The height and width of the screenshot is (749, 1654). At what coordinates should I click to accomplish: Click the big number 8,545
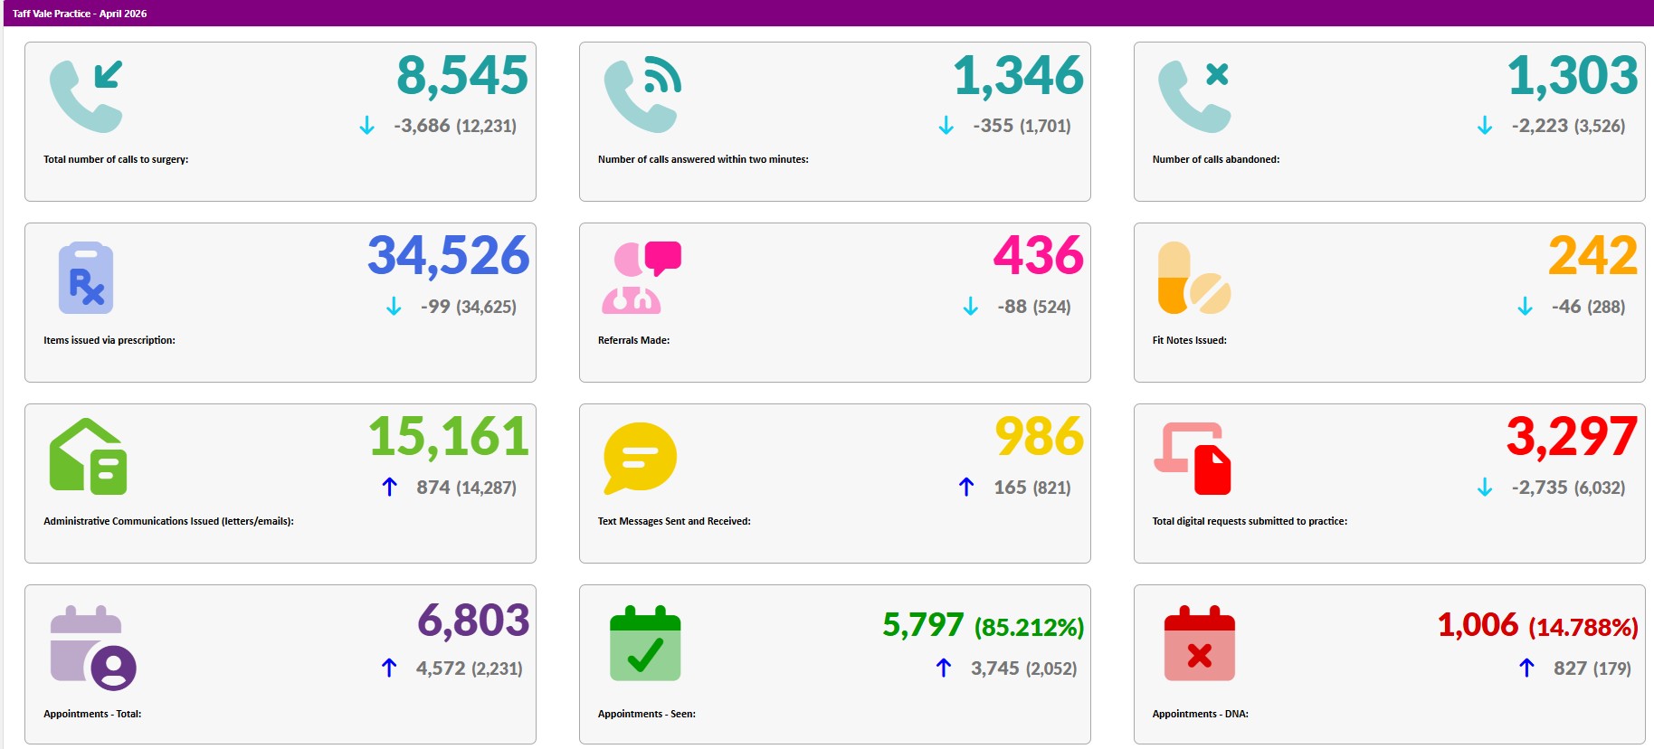[x=462, y=76]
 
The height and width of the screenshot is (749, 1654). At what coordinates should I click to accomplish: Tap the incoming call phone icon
[x=86, y=96]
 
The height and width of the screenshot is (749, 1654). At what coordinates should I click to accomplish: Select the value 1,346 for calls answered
[x=1018, y=76]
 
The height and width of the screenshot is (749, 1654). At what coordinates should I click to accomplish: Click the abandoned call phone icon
[x=1194, y=96]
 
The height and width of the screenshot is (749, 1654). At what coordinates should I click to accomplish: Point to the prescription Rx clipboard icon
[x=86, y=278]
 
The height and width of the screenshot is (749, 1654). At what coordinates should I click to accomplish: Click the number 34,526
[x=448, y=257]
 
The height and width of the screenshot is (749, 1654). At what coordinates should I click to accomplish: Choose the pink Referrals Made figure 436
[x=1039, y=256]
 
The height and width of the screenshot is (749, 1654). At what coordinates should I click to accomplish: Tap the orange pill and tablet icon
[x=1194, y=278]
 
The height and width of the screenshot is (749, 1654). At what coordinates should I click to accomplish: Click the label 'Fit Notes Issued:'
[x=1189, y=340]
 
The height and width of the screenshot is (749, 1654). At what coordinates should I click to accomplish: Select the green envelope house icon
[x=88, y=456]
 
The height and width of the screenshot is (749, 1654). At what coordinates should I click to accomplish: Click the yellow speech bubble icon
[x=640, y=458]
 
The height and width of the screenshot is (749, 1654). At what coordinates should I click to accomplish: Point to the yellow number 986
[x=1039, y=437]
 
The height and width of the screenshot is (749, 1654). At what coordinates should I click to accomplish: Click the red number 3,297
[x=1572, y=438]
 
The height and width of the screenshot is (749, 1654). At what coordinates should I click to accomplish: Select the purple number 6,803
[x=473, y=621]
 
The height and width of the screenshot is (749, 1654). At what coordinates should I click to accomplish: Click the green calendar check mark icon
[x=645, y=643]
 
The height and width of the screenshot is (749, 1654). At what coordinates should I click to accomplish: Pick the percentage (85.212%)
[x=1029, y=628]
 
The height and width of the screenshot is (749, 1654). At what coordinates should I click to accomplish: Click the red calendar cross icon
[x=1199, y=643]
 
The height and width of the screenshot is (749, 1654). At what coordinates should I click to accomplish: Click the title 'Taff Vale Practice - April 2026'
[x=80, y=14]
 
